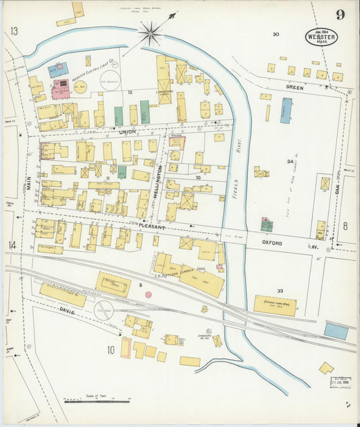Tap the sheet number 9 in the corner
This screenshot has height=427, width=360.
click(x=339, y=15)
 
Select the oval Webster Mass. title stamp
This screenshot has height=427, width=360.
click(x=321, y=37)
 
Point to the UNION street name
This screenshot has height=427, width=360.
click(x=127, y=131)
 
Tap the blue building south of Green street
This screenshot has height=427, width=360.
click(x=286, y=109)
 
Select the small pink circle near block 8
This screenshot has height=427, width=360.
click(x=148, y=295)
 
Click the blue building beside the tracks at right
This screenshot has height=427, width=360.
click(x=336, y=330)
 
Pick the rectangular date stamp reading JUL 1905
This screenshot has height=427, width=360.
click(x=341, y=382)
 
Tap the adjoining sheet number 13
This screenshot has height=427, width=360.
click(x=14, y=31)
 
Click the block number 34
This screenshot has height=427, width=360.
click(x=290, y=161)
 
